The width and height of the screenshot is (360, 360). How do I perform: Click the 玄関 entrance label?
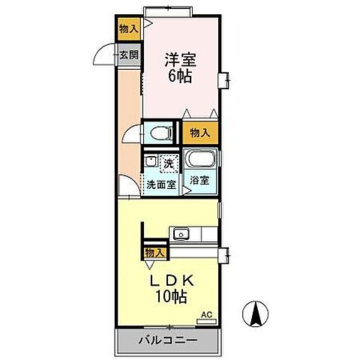[x=129, y=55]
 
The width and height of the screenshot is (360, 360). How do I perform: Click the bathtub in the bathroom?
[x=200, y=160]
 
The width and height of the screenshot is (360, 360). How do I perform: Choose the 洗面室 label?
[x=160, y=184]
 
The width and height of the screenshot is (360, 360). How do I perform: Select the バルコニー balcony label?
[x=167, y=342]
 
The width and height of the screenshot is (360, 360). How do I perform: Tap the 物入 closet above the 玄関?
[x=129, y=29]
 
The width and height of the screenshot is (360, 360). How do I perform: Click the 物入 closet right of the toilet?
[x=199, y=133]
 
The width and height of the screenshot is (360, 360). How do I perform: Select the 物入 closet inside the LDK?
[x=154, y=253]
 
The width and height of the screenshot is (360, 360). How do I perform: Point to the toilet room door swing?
[x=132, y=136]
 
